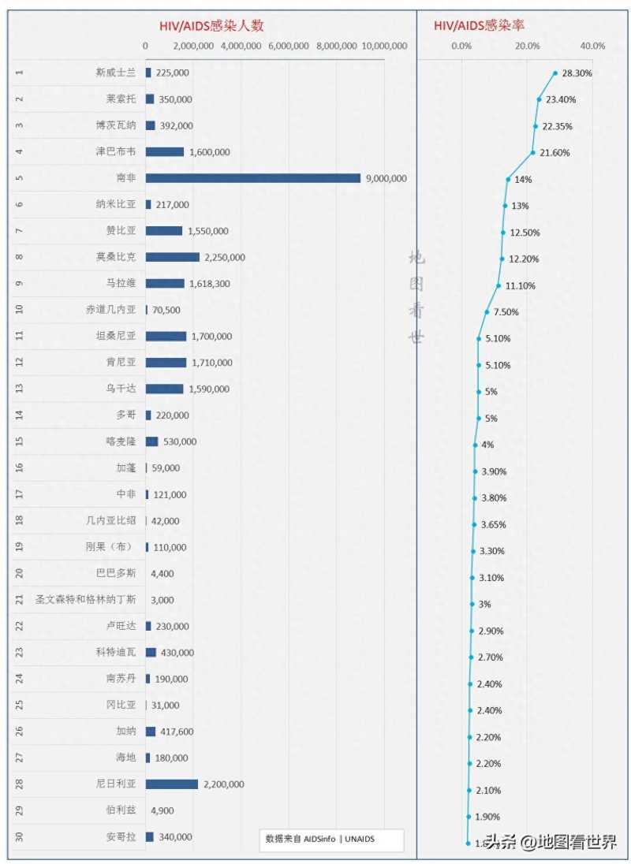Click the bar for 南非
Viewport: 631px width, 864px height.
tap(252, 178)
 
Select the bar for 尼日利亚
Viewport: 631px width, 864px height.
tap(172, 784)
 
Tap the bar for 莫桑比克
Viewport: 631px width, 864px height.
tap(173, 257)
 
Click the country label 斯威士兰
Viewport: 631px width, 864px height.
tap(116, 73)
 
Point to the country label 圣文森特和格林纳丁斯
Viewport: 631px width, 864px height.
tap(85, 600)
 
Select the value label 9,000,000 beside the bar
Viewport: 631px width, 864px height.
tap(386, 178)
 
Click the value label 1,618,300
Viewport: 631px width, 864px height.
tap(209, 284)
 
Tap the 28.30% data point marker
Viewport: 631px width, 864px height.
tap(555, 73)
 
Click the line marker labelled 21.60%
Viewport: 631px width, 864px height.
tap(533, 152)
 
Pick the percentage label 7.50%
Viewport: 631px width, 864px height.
tap(506, 312)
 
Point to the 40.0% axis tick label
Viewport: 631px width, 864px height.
tap(592, 46)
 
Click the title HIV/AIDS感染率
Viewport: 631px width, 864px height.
tap(480, 26)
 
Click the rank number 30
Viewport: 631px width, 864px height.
tap(20, 837)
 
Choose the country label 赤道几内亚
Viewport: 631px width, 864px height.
tap(110, 310)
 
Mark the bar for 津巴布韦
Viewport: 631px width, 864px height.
tap(165, 151)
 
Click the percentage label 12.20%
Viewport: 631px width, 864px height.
tap(525, 259)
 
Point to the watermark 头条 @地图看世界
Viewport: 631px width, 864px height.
tap(551, 842)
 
